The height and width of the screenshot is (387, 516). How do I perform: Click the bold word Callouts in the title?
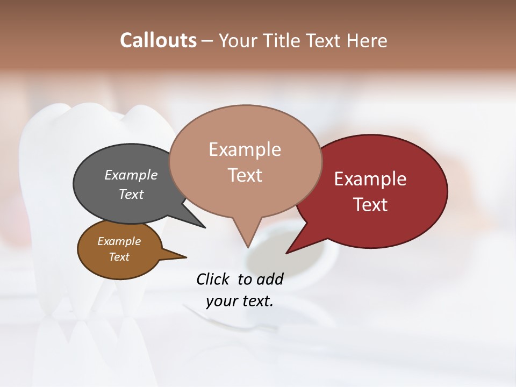coord(158,40)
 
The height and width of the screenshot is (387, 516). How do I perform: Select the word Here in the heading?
coord(367,40)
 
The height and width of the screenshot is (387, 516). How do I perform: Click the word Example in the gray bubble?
coord(131,175)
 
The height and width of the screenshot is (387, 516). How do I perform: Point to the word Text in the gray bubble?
coord(131,194)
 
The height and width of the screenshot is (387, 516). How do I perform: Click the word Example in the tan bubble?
coord(245,149)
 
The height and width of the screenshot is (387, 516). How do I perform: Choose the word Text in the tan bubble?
coord(245,175)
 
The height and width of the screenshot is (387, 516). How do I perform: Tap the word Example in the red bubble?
coord(370,179)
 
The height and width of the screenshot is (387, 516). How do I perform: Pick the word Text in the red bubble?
coord(370,205)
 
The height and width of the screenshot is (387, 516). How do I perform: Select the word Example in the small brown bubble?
coord(119,241)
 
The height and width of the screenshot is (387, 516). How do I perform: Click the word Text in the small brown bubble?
coord(119,257)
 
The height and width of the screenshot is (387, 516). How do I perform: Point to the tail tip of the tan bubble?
coord(248,246)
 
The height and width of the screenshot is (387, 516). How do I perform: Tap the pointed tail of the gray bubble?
coord(203,226)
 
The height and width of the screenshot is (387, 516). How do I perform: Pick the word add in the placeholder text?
coord(269,279)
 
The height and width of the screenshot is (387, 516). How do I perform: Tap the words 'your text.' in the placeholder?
coord(239,301)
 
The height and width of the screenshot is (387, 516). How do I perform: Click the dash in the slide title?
coord(207,41)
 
